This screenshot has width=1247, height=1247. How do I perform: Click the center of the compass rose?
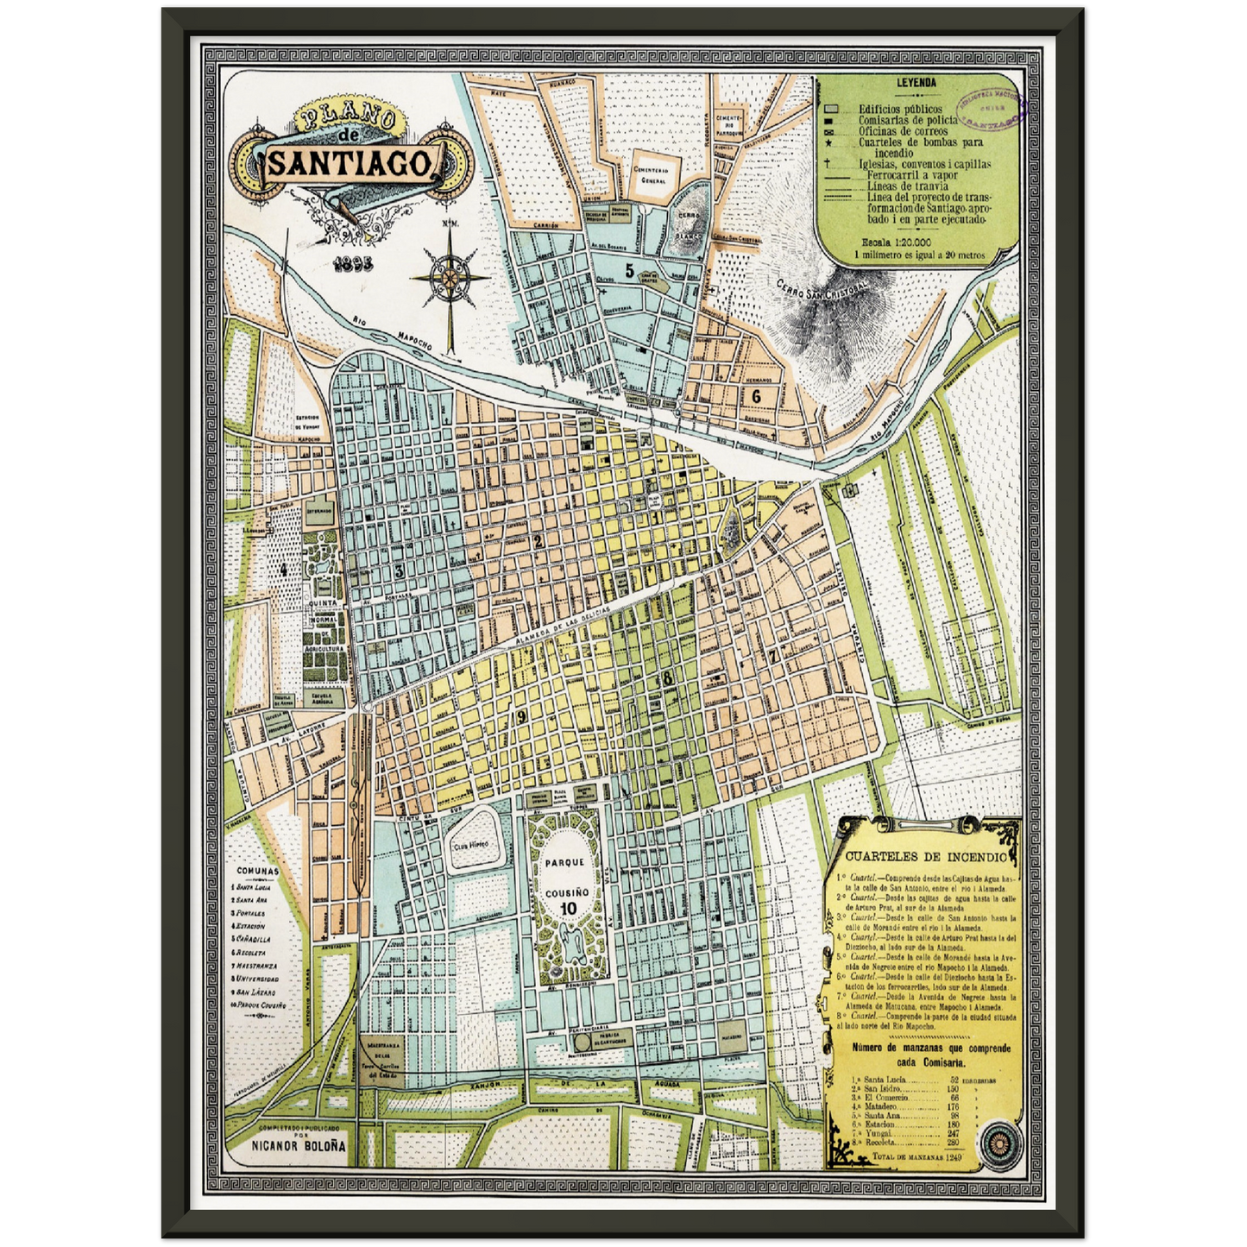450,277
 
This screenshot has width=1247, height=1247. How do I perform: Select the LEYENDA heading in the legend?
916,84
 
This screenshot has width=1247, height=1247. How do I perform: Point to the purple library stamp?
992,109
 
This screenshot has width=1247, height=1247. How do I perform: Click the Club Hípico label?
471,844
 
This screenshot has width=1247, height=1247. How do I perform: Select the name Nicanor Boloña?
299,1145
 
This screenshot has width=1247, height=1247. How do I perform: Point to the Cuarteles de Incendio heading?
925,857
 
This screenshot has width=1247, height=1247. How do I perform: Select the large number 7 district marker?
773,655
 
